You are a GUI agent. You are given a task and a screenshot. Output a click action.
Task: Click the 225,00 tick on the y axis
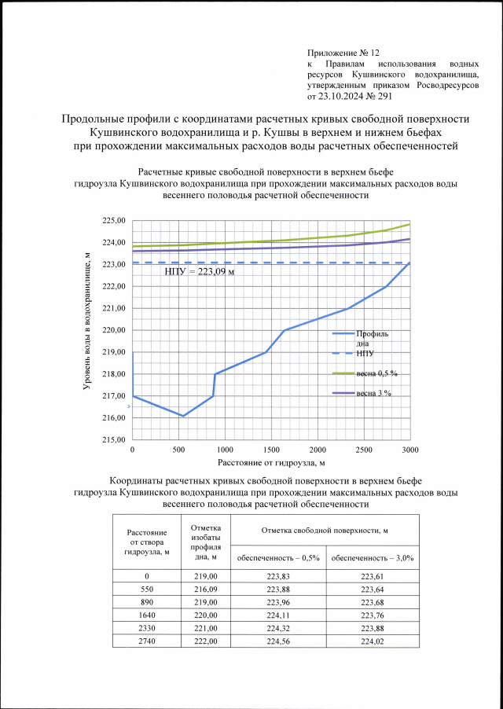[x=115, y=220]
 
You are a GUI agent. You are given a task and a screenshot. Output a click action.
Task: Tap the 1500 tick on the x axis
[x=271, y=450]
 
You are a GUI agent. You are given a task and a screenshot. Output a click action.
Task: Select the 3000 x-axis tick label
[x=409, y=450]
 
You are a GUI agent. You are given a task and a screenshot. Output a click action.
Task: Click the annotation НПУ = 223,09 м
[x=200, y=272]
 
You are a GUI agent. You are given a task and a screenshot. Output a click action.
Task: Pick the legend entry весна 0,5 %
[x=376, y=373]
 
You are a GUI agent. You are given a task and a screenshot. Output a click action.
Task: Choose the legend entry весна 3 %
[x=373, y=392]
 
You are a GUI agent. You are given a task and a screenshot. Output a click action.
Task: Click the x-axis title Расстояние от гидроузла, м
[x=270, y=462]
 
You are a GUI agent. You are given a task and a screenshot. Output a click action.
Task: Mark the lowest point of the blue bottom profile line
[x=183, y=416]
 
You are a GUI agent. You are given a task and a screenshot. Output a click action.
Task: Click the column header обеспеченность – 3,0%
[x=373, y=557]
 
